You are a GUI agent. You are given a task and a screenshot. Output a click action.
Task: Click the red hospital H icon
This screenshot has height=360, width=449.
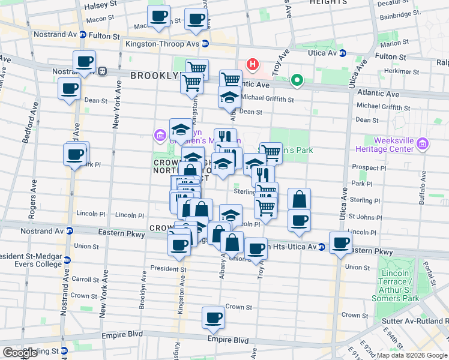253,64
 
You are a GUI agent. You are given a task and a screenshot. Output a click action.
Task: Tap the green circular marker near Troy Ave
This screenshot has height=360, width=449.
297,80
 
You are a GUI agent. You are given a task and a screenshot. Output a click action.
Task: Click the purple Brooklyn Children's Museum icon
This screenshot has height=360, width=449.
159,136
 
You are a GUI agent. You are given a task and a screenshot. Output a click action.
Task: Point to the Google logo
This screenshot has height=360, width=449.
20,353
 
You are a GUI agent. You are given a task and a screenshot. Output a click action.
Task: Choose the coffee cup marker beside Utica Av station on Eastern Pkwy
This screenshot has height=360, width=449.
341,242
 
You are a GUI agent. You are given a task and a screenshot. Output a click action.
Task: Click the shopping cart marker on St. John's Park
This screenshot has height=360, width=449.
271,152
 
